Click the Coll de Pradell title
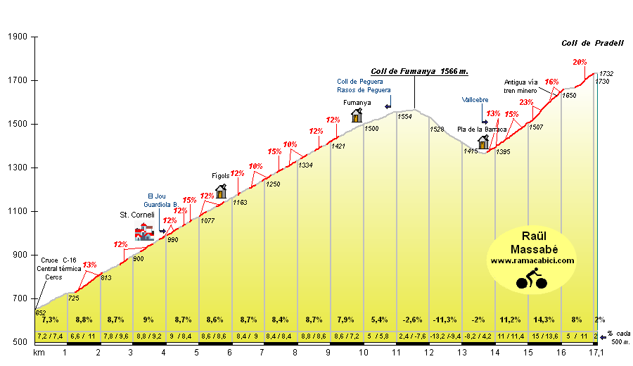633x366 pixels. (x=592, y=43)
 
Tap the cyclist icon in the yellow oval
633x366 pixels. (x=532, y=279)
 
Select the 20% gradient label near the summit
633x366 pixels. (x=580, y=62)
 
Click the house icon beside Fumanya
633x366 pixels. (x=357, y=115)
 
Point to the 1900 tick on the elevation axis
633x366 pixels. (x=18, y=37)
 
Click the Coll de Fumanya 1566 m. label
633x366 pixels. (x=419, y=71)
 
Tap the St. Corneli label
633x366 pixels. (x=137, y=215)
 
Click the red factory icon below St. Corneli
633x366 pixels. (x=144, y=232)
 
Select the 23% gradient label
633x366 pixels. (x=525, y=103)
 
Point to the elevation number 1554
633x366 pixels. (x=404, y=117)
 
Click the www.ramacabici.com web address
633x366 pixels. (x=532, y=260)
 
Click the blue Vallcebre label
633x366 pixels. (x=475, y=99)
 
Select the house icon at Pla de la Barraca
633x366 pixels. (x=483, y=143)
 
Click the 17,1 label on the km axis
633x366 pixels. (x=596, y=352)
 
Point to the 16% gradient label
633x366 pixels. (x=551, y=82)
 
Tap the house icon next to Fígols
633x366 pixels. (x=221, y=191)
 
